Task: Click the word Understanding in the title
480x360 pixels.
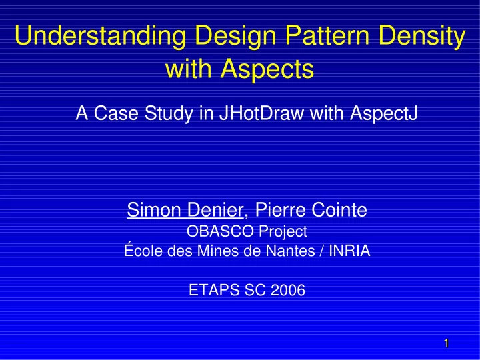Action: pos(100,35)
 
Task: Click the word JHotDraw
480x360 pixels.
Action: pos(261,113)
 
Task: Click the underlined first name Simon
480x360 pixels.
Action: pos(154,210)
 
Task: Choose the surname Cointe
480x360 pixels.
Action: pos(339,210)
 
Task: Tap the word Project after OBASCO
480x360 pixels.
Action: pos(283,232)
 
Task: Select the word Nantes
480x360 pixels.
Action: pos(290,251)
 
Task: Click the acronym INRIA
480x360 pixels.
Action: pos(349,251)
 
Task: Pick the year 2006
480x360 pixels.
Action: pos(288,290)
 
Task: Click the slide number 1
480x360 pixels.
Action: pos(446,343)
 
